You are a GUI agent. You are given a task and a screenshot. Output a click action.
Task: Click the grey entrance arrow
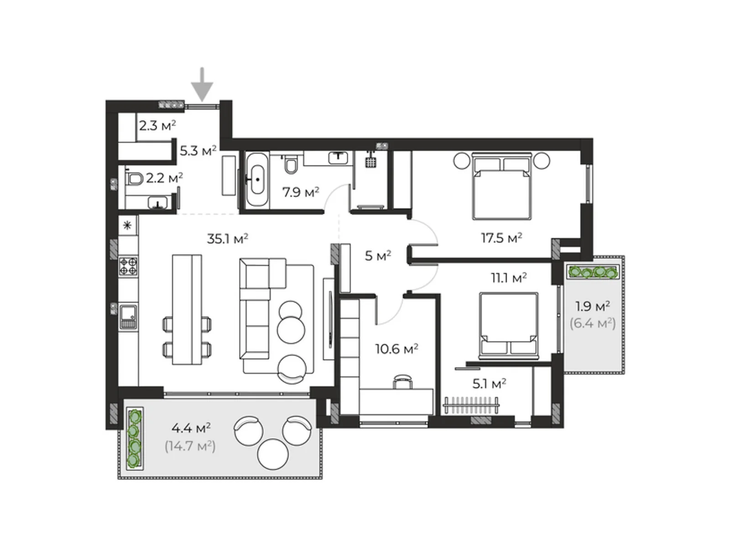click(202, 84)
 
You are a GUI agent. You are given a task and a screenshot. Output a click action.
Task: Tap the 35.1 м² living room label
click(228, 238)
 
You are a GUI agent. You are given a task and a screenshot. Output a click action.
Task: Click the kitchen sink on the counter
click(128, 317)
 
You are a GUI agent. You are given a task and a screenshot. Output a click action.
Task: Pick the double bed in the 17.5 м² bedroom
click(501, 186)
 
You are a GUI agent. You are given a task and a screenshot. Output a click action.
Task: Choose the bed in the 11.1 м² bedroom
click(509, 326)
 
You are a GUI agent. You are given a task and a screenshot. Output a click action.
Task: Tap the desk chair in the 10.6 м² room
click(402, 381)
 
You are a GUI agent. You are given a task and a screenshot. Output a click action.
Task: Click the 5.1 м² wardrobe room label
click(489, 384)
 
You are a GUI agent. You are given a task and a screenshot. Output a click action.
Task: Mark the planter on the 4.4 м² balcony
click(134, 438)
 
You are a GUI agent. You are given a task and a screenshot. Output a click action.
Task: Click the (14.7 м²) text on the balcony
click(190, 446)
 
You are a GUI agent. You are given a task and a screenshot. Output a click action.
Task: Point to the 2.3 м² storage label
click(157, 126)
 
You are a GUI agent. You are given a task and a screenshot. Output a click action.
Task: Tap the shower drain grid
click(371, 162)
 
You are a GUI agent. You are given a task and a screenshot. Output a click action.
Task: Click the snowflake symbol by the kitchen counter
click(127, 226)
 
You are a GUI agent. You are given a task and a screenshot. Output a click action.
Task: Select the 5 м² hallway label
click(378, 256)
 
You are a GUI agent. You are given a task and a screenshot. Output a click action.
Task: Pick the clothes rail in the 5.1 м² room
click(471, 405)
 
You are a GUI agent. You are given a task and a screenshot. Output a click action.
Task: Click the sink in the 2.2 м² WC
click(158, 203)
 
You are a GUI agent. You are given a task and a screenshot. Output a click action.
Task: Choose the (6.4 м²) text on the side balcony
click(593, 323)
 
